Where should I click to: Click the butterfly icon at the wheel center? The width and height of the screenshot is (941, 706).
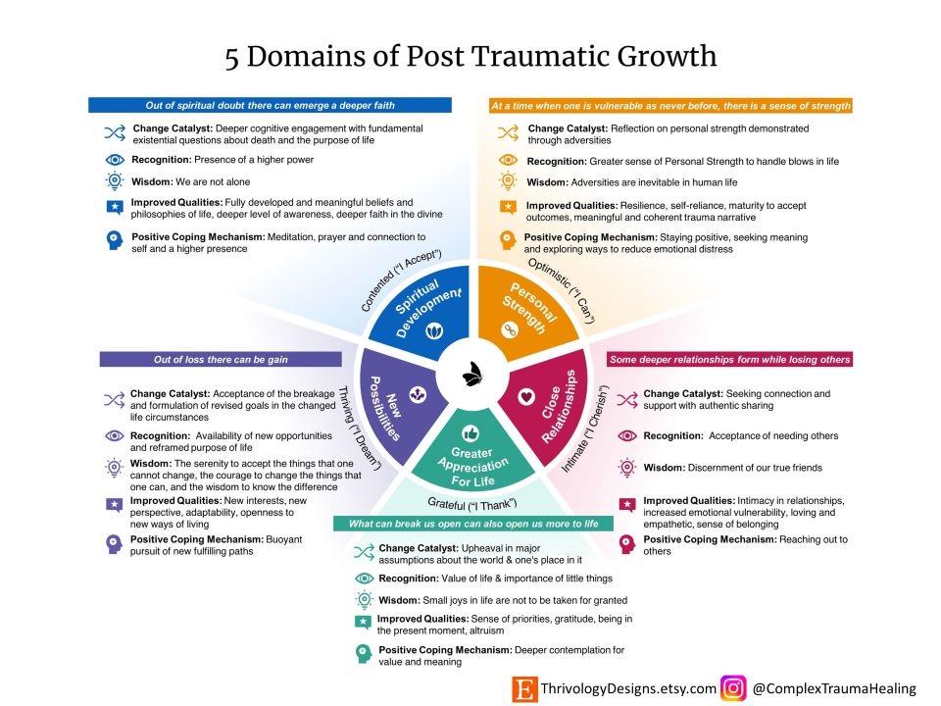click(472, 374)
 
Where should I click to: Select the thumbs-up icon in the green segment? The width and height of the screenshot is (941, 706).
click(470, 431)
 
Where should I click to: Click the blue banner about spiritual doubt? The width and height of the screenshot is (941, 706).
click(271, 105)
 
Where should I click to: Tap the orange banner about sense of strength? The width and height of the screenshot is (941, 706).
click(670, 105)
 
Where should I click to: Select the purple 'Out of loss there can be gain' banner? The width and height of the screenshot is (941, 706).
click(221, 359)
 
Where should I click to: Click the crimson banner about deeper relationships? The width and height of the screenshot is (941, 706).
click(729, 359)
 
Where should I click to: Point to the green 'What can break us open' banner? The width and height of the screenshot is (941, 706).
click(473, 524)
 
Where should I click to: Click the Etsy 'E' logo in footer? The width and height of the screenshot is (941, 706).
click(524, 688)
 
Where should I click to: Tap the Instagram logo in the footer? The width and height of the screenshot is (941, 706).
click(732, 688)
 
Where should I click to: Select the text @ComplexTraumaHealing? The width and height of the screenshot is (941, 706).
click(833, 688)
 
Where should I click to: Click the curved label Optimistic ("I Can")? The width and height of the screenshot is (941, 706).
click(564, 290)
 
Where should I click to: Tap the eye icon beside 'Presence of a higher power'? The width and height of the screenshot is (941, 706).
click(114, 159)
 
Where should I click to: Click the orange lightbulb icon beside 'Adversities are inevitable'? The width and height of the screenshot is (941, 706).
click(508, 181)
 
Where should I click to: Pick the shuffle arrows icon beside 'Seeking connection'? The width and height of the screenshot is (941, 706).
click(627, 398)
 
